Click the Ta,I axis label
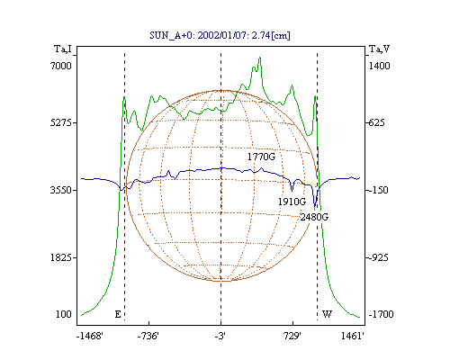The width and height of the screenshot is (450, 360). (x=63, y=49)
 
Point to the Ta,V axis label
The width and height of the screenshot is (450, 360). (x=379, y=49)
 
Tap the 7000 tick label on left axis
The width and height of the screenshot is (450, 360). (x=61, y=66)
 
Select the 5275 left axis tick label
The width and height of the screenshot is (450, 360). (x=61, y=122)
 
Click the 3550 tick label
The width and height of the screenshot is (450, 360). (x=61, y=190)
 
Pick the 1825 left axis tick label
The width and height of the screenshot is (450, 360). (x=61, y=257)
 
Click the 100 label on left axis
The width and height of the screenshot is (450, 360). (x=64, y=314)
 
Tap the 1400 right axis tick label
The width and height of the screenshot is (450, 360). (x=379, y=66)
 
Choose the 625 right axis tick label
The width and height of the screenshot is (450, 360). (x=376, y=122)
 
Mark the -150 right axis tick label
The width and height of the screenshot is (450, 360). (x=378, y=190)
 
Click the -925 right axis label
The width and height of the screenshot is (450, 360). (x=378, y=257)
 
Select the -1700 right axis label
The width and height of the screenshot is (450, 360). (x=381, y=314)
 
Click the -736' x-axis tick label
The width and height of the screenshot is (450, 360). (x=148, y=336)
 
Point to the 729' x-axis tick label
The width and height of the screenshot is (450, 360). (x=292, y=336)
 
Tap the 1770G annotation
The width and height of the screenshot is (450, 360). (x=261, y=157)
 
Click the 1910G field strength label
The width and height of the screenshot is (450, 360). (x=292, y=202)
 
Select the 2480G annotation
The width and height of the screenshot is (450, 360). (x=314, y=217)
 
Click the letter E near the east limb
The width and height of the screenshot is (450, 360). (x=118, y=314)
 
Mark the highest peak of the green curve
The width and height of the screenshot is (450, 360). (x=260, y=57)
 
